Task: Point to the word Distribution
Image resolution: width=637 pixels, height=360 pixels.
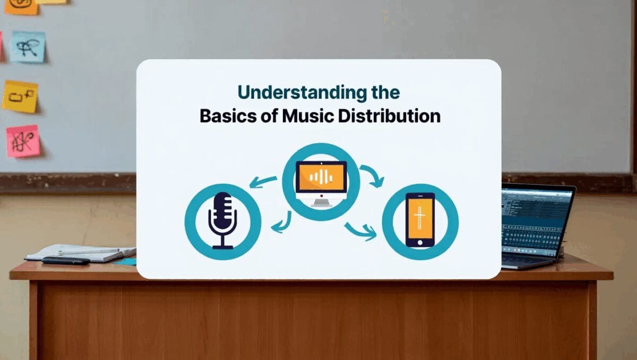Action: pyautogui.click(x=391, y=116)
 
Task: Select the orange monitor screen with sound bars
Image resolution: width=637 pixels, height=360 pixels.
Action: pyautogui.click(x=321, y=177)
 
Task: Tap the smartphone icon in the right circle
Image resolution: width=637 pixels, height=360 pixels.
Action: pyautogui.click(x=420, y=219)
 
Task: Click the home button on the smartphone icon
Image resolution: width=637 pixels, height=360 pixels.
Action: pyautogui.click(x=420, y=242)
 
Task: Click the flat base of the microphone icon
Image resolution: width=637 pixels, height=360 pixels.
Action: pyautogui.click(x=222, y=246)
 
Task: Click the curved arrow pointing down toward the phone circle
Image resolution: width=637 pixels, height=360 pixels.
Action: pyautogui.click(x=373, y=176)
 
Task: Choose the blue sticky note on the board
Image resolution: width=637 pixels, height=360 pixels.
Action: pyautogui.click(x=28, y=47)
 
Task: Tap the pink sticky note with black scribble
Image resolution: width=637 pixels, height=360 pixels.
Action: pyautogui.click(x=23, y=141)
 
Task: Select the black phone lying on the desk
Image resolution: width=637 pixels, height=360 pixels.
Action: pyautogui.click(x=66, y=261)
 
